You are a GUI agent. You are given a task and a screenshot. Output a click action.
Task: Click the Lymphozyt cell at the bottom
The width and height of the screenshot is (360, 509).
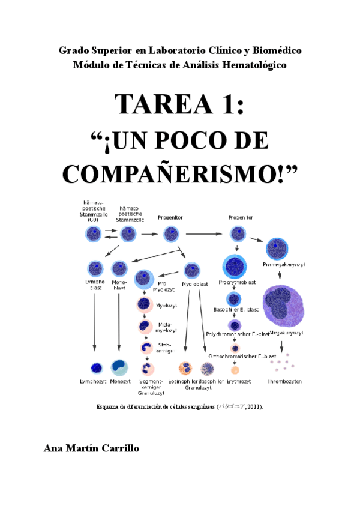[x=95, y=367]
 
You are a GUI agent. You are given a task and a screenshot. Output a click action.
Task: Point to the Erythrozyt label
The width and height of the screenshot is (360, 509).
[x=239, y=381]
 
